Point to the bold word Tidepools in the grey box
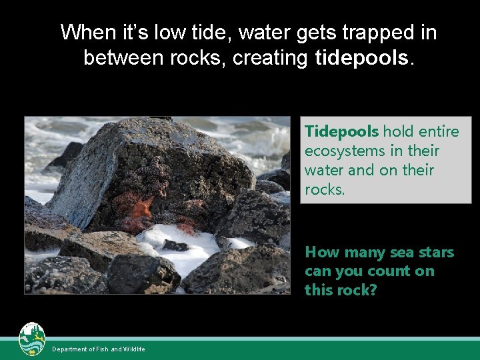[x=341, y=132]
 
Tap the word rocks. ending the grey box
[x=325, y=189]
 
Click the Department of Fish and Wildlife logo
[x=32, y=340]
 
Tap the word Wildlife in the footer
[x=134, y=349]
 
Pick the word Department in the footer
[x=71, y=349]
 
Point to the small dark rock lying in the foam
[x=175, y=245]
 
